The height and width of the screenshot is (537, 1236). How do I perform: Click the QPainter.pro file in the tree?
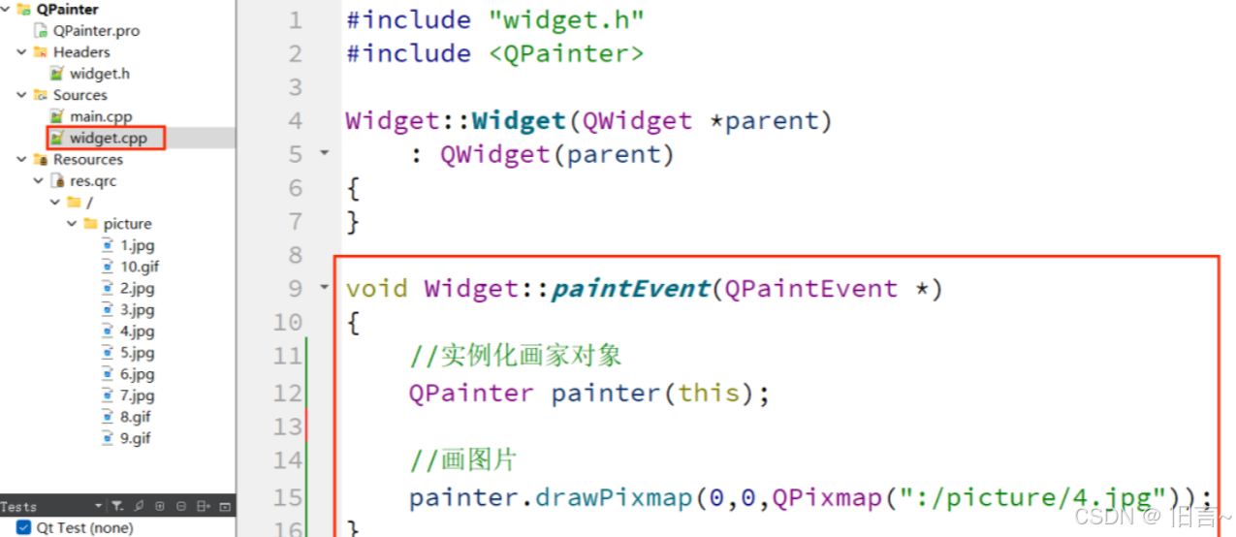95,31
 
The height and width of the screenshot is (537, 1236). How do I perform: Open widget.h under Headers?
99,74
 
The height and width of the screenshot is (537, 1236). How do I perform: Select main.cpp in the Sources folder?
100,117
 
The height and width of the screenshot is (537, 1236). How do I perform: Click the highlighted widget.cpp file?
108,139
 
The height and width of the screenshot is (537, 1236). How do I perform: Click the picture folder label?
127,224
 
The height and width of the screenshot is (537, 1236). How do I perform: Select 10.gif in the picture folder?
140,267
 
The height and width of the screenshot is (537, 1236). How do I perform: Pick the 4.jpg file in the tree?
137,332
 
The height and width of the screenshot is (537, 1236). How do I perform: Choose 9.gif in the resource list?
136,438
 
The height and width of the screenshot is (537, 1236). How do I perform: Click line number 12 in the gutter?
288,394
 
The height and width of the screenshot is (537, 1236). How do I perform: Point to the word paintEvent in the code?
630,289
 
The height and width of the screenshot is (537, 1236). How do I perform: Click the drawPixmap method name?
614,498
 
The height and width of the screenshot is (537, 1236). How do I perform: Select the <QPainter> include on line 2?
566,53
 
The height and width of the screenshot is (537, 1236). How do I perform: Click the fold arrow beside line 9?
324,288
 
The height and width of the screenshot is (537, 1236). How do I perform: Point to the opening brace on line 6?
353,188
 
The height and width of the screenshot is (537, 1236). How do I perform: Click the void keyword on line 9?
377,289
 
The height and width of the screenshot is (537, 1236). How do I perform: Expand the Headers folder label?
81,52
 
